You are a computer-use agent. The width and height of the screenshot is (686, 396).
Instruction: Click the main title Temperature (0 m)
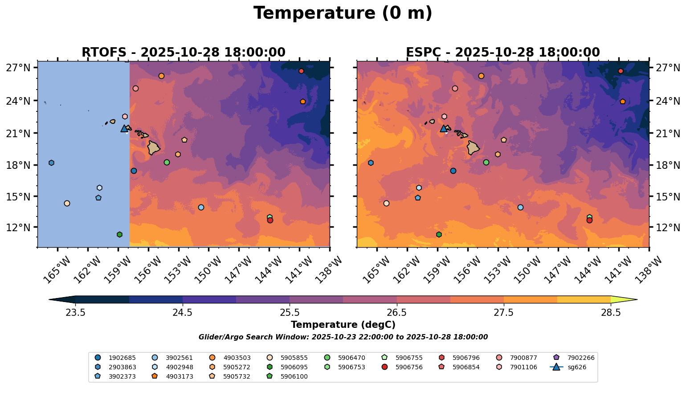343,13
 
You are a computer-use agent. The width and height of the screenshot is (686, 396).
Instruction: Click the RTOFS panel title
183,53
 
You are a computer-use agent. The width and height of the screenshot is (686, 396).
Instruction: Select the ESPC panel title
502,53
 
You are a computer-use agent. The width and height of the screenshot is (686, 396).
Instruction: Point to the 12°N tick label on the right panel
668,228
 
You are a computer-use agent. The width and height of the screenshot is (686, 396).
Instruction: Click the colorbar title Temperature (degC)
343,325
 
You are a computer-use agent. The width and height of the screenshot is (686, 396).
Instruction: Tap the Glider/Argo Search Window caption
343,337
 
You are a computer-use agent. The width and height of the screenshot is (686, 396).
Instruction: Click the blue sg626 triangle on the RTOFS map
124,129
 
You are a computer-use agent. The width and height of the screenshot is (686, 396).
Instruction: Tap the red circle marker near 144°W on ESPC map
589,220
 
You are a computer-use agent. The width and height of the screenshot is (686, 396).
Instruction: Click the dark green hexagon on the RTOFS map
119,234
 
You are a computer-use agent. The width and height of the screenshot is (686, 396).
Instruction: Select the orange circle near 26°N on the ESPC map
481,76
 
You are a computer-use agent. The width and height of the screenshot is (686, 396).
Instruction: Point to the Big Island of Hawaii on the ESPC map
473,147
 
